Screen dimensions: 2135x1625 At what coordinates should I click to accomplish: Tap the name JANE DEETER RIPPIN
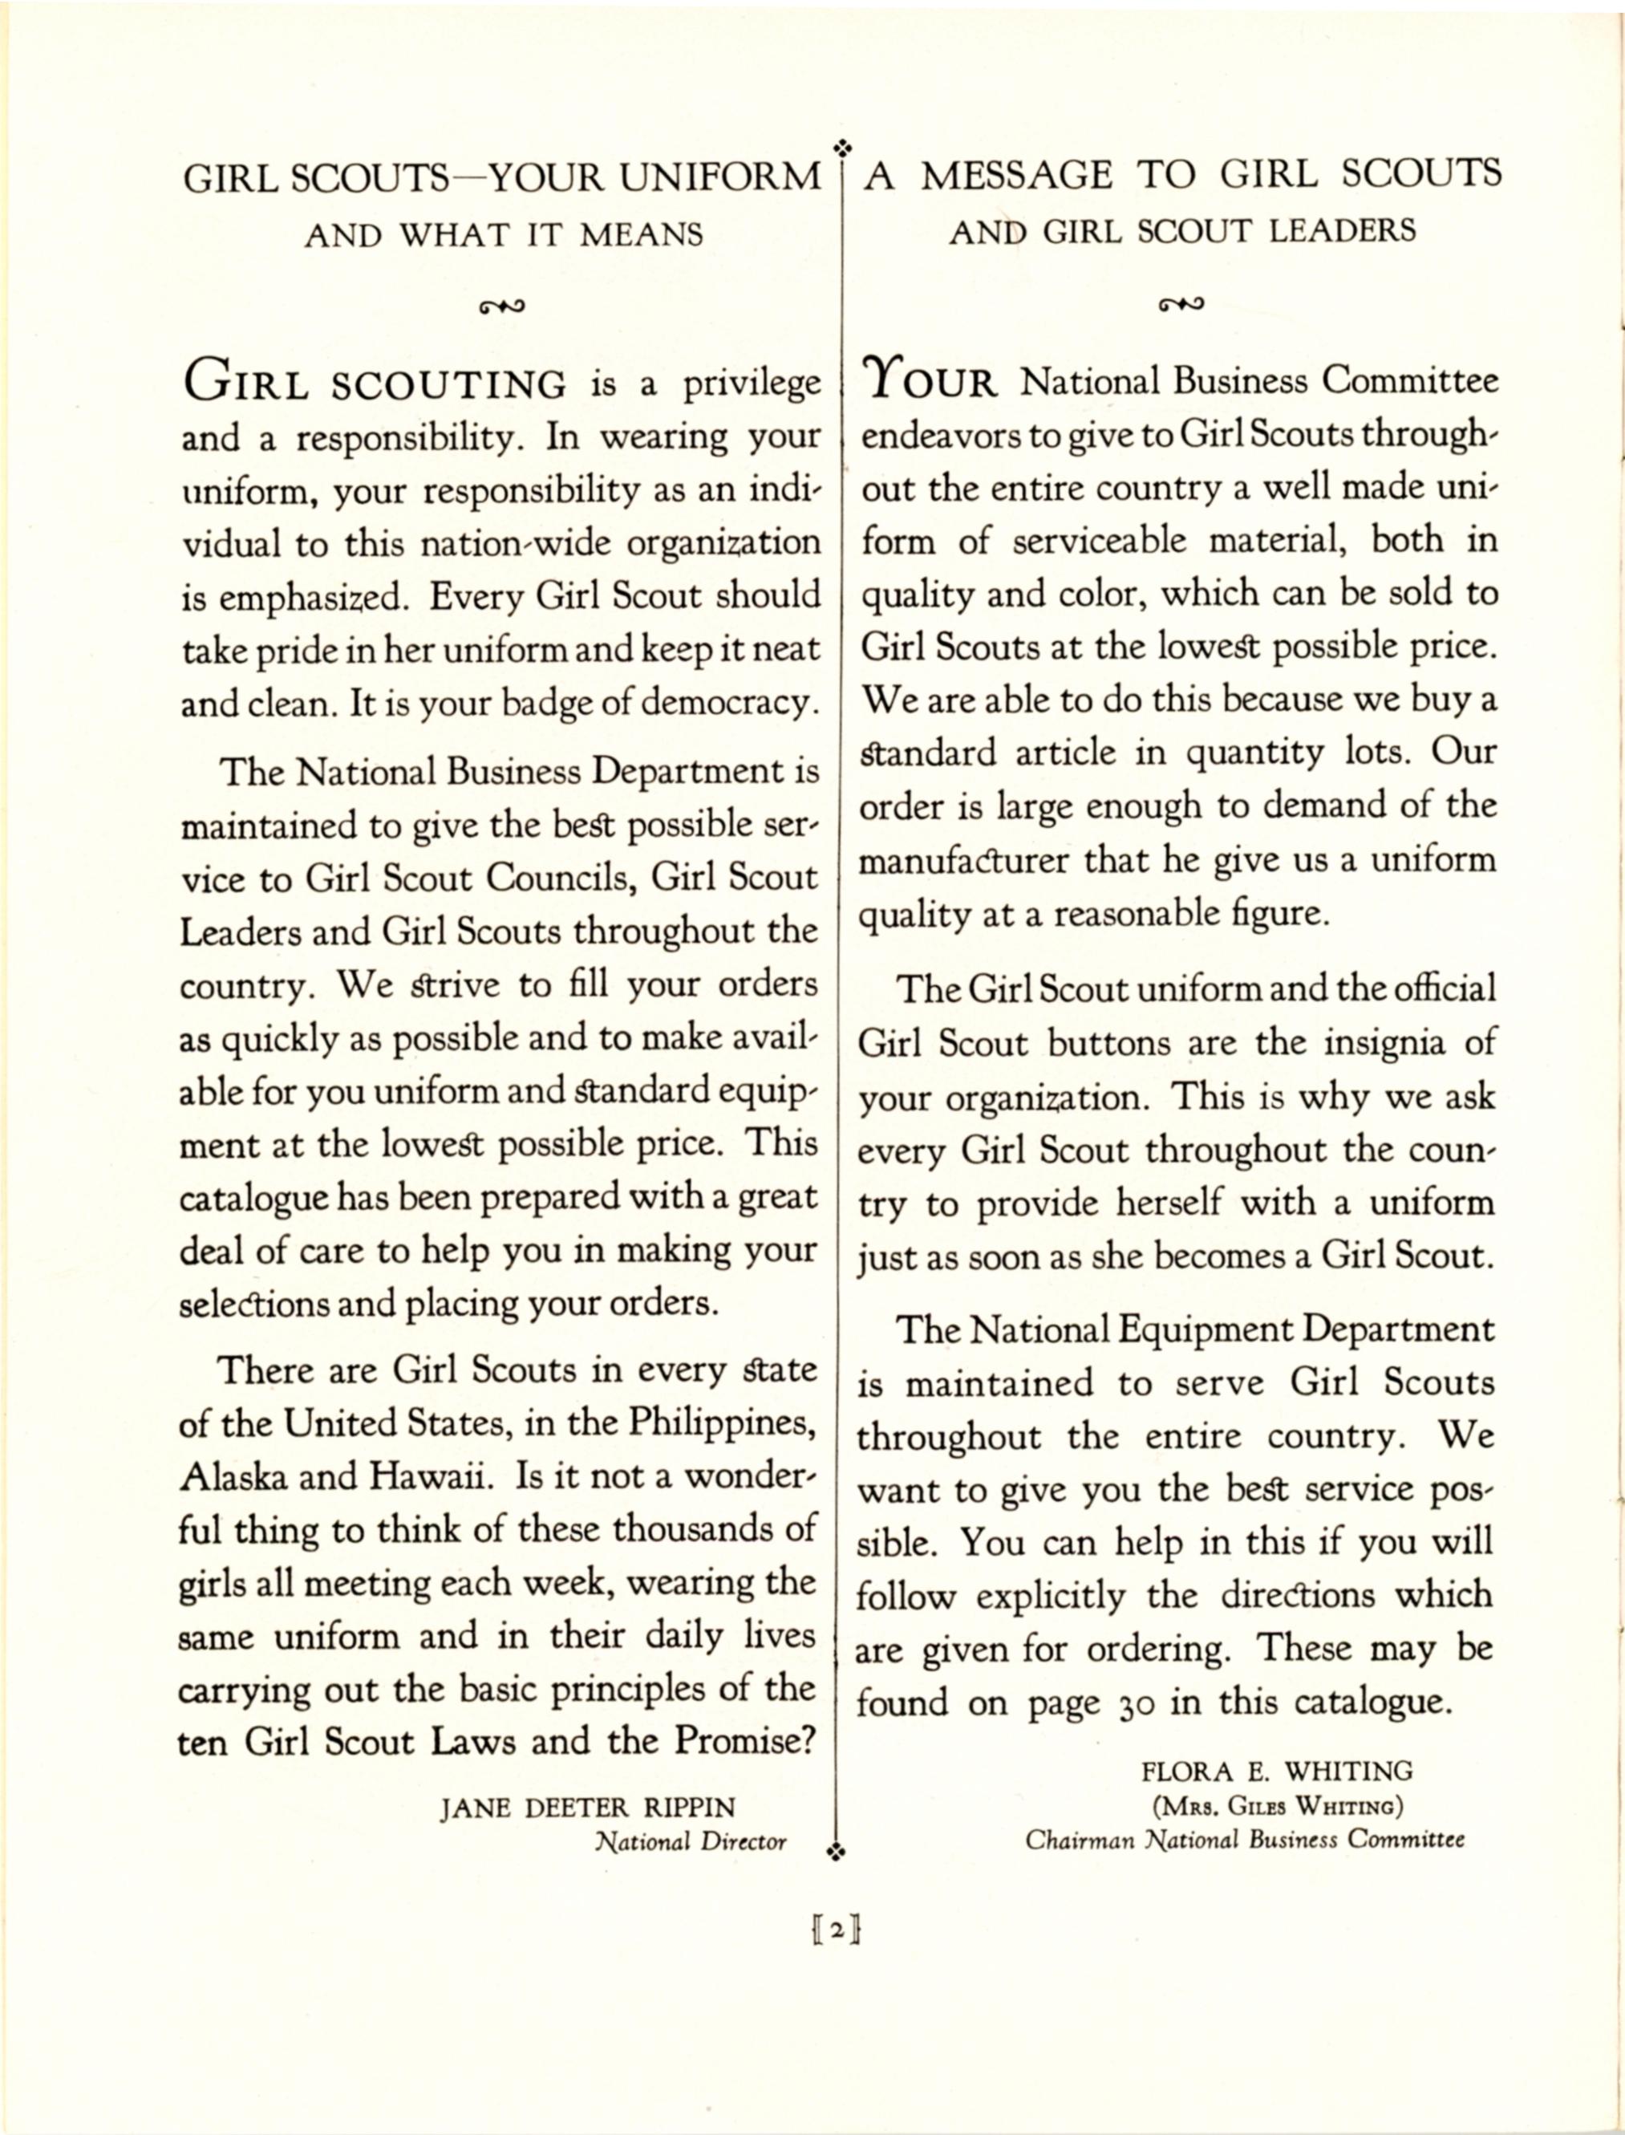click(x=587, y=1807)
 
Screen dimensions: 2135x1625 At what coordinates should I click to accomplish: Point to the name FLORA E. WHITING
click(x=1277, y=1772)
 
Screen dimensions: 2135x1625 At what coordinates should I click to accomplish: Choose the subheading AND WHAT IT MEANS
click(x=504, y=235)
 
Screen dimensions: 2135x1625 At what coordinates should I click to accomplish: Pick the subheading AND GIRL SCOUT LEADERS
click(x=1182, y=231)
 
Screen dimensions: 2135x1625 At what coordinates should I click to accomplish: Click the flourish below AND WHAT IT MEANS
click(x=502, y=307)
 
